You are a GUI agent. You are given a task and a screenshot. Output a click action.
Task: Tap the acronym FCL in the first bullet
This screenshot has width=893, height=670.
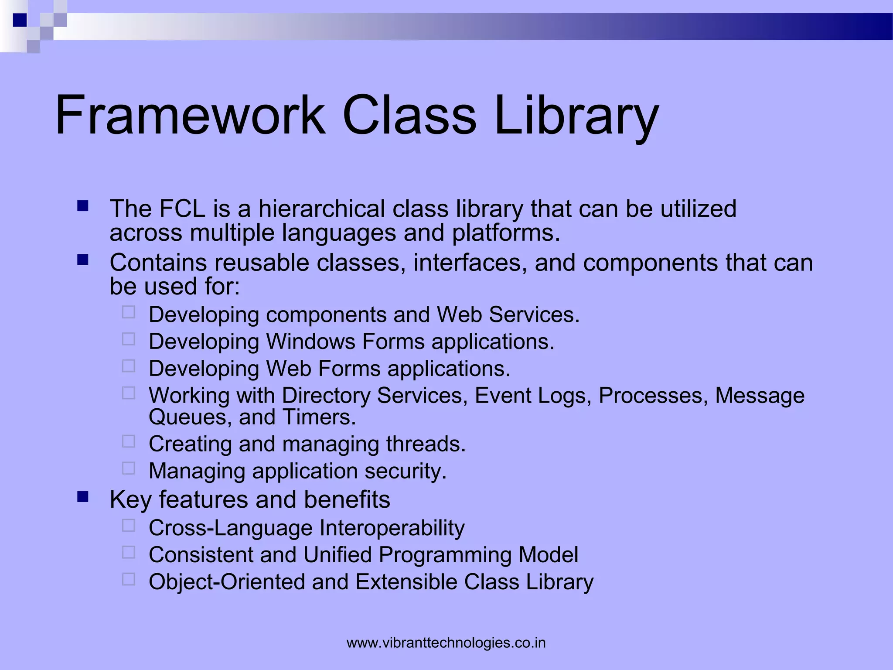click(182, 209)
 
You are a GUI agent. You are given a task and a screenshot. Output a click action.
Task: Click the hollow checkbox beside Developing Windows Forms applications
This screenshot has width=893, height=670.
click(129, 339)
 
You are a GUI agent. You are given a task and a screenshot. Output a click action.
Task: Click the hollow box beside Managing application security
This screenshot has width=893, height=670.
click(129, 468)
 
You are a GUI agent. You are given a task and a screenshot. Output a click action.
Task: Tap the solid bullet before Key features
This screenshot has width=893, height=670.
click(82, 497)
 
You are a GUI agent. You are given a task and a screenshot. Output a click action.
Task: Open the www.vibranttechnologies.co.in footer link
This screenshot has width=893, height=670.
click(446, 643)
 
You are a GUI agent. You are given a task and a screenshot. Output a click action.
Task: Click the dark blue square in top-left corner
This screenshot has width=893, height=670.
click(20, 20)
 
